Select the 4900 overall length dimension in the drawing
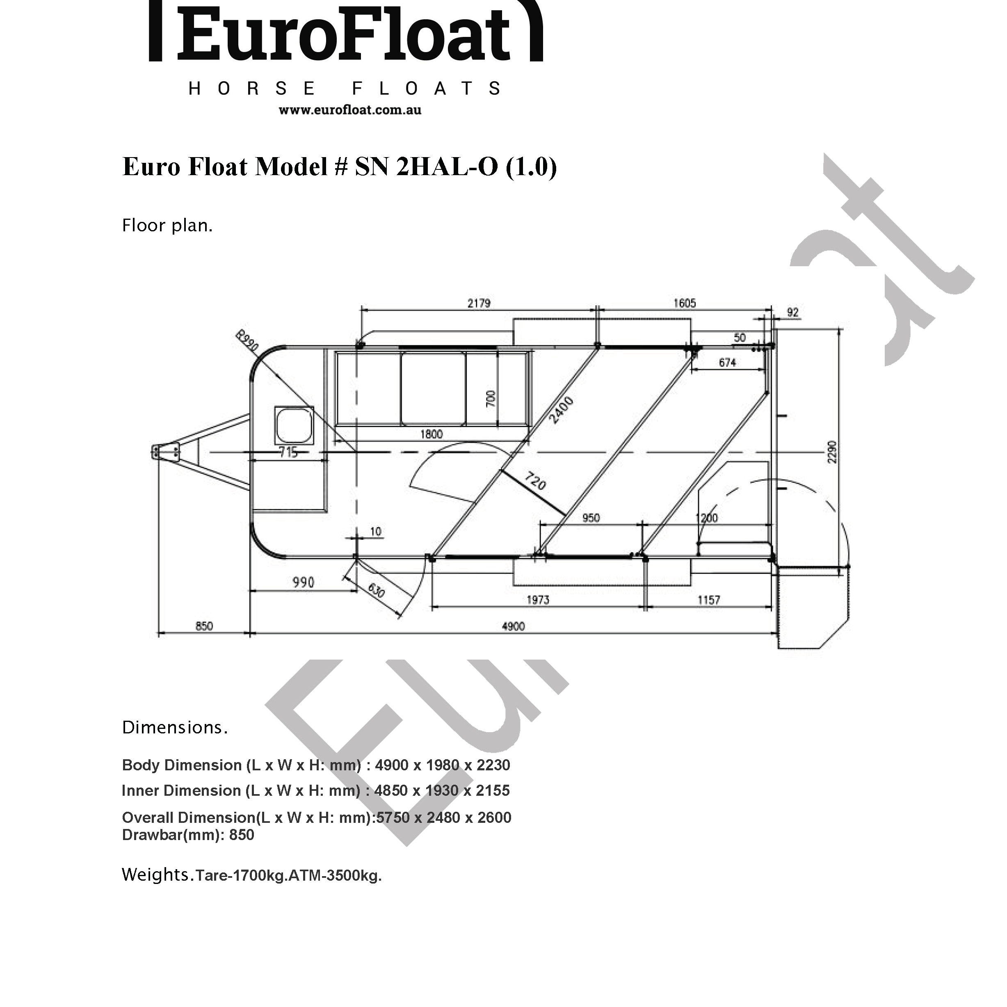coord(513,626)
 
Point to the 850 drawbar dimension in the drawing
coord(204,626)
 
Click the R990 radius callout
coord(247,340)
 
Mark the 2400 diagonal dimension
coord(562,410)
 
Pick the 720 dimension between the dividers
coord(535,481)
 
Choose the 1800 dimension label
coord(431,434)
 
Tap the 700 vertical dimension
coord(491,399)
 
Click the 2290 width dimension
coord(832,451)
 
